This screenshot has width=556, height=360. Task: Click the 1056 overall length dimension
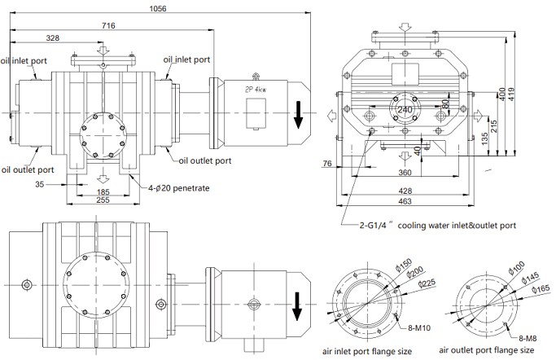159,9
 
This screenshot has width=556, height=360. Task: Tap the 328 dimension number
52,38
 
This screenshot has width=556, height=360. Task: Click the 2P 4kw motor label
256,90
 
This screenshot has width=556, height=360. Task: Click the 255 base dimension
102,200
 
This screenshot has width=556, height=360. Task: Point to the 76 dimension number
327,165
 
